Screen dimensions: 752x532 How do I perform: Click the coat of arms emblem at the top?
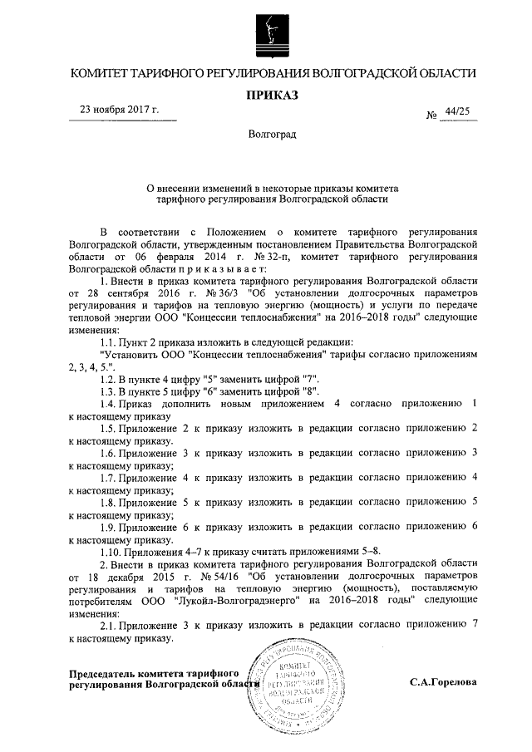point(266,31)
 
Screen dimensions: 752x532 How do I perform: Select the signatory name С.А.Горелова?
point(444,682)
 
